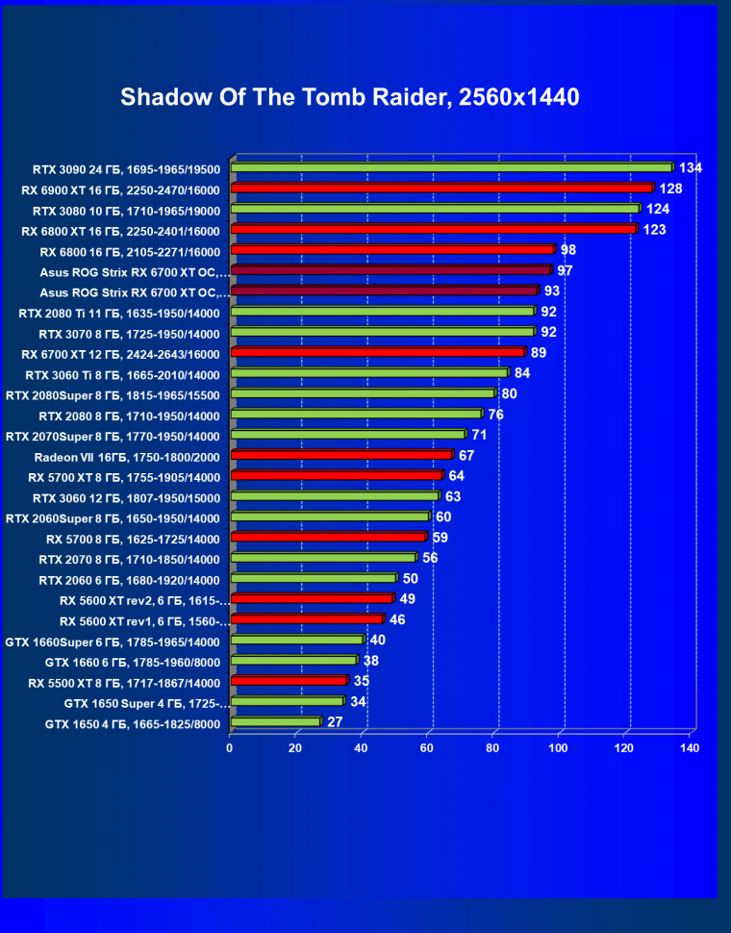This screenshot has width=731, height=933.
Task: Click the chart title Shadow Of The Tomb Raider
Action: pyautogui.click(x=350, y=97)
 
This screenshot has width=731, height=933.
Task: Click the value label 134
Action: pyautogui.click(x=691, y=168)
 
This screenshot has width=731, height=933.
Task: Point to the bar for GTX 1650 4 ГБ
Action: pyautogui.click(x=275, y=721)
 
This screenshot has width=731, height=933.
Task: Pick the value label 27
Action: pyautogui.click(x=335, y=721)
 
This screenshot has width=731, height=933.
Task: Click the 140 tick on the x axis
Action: pyautogui.click(x=689, y=747)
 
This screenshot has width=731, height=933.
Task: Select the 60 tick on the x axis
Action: pyautogui.click(x=427, y=747)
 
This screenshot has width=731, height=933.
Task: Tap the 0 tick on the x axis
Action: pyautogui.click(x=230, y=747)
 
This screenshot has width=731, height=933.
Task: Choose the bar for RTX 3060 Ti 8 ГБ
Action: pyautogui.click(x=369, y=373)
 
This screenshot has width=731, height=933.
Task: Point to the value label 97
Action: pyautogui.click(x=565, y=271)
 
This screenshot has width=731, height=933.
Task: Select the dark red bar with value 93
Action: pyautogui.click(x=384, y=290)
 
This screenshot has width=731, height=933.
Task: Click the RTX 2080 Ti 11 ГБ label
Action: pyautogui.click(x=119, y=313)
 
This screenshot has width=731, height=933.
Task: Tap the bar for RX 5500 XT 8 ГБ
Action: pyautogui.click(x=289, y=681)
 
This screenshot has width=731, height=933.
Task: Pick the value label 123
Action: pyautogui.click(x=654, y=230)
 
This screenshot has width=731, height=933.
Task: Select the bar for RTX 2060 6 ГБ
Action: pyautogui.click(x=313, y=578)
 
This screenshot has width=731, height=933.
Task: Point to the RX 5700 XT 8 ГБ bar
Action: pyautogui.click(x=336, y=475)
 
